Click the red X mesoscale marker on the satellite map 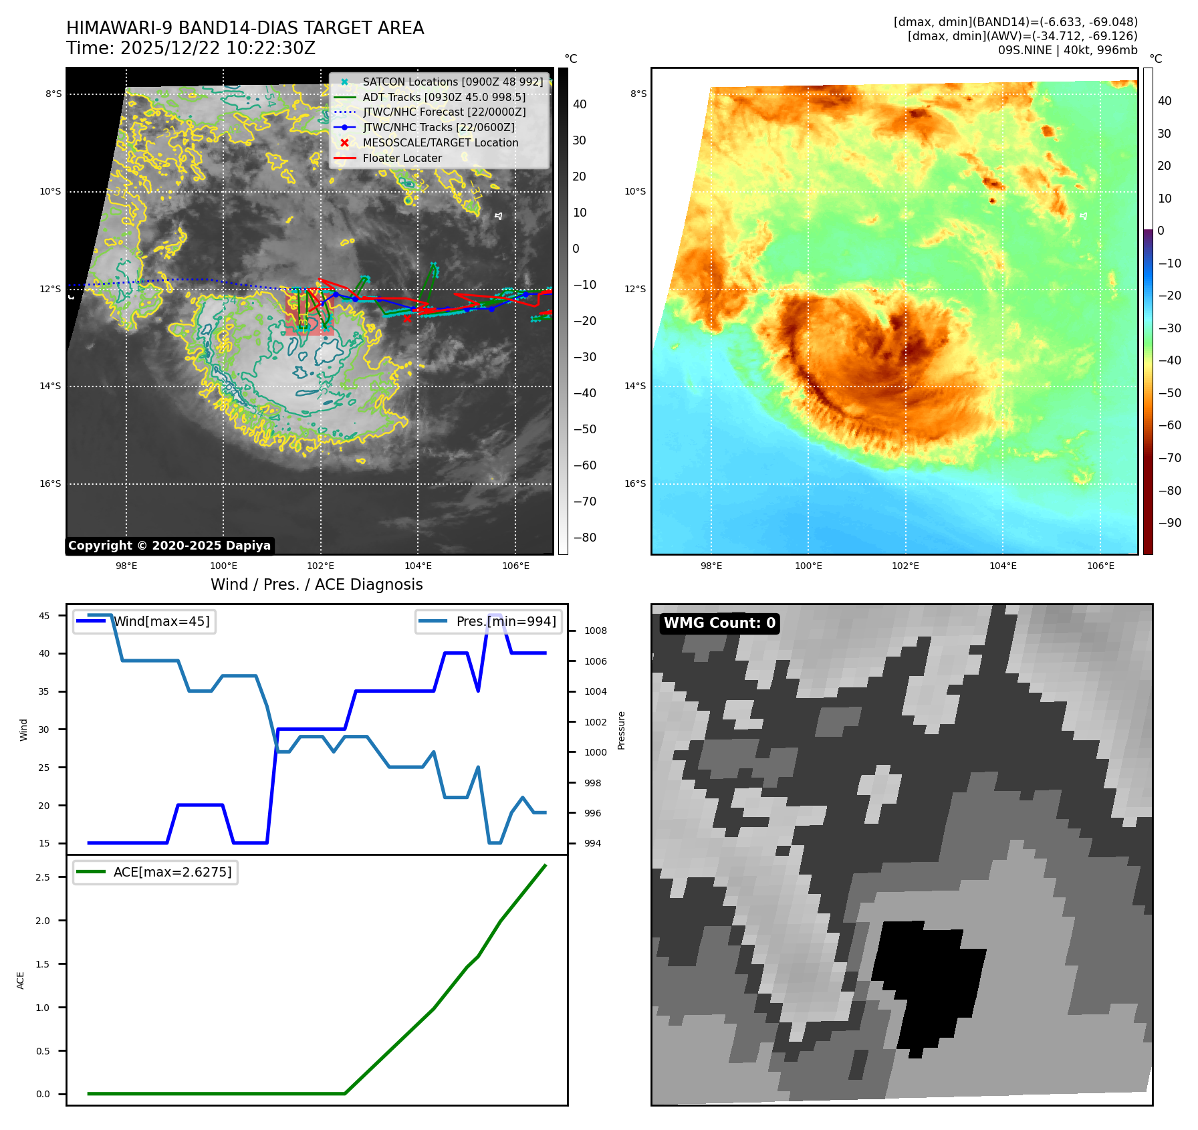(x=407, y=318)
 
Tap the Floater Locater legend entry (x=402, y=158)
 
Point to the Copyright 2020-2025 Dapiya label (x=169, y=546)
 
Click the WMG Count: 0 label (x=719, y=623)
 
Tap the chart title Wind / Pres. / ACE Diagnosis (x=316, y=584)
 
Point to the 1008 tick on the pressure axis (x=595, y=631)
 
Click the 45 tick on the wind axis (x=44, y=616)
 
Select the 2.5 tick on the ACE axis (x=43, y=877)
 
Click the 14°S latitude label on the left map (x=50, y=386)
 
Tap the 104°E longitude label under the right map (x=1003, y=566)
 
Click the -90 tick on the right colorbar (x=1169, y=523)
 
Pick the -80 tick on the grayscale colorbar (x=584, y=538)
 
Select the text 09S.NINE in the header (x=1023, y=50)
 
